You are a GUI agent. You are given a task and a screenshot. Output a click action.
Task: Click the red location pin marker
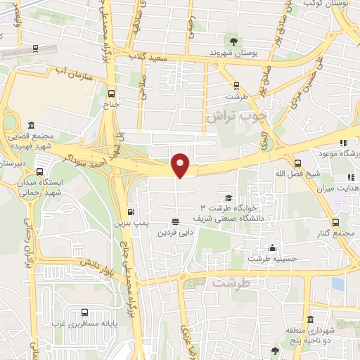(181, 165)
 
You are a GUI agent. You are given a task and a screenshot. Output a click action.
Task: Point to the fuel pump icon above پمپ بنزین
(131, 212)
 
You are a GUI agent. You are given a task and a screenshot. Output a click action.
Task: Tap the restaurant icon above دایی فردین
(174, 221)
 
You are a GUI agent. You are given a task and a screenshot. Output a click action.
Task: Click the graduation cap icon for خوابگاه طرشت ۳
(228, 198)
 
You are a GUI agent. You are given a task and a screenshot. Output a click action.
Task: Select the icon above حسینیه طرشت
(273, 247)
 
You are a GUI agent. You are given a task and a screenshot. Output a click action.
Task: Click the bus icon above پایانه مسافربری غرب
(85, 312)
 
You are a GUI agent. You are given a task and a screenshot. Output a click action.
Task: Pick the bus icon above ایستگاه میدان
(39, 170)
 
